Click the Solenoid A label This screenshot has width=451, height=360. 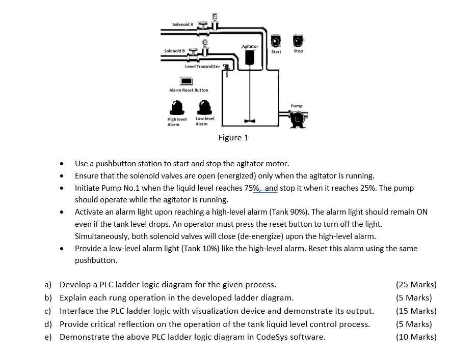[182, 24]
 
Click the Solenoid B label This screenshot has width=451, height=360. [174, 51]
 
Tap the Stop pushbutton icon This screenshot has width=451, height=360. [298, 40]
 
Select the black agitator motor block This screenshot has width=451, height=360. [249, 57]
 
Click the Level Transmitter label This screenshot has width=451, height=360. [202, 66]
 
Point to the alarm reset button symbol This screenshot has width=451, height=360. [186, 80]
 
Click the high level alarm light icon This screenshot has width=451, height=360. [177, 107]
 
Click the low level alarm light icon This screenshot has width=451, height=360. [205, 107]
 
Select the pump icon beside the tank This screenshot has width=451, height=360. [297, 118]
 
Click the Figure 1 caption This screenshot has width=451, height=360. [233, 138]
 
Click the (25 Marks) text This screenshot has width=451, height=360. [416, 284]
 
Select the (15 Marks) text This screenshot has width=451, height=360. [416, 311]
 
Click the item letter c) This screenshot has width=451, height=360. [48, 311]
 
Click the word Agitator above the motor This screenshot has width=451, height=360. [250, 46]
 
